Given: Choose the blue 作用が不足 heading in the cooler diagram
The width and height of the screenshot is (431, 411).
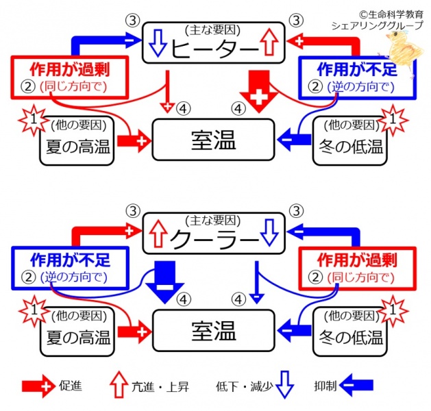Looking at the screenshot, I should pos(70,260).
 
